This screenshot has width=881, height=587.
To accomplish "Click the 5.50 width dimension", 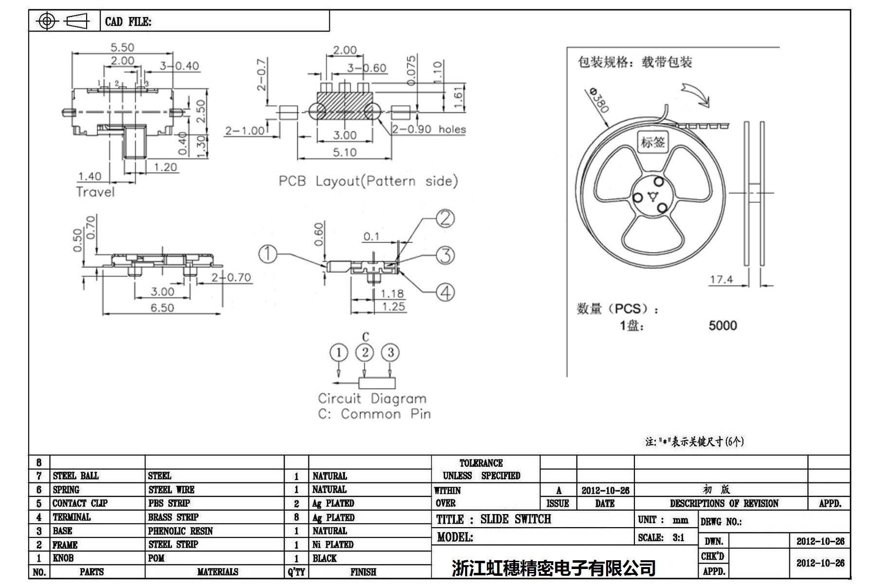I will [122, 47].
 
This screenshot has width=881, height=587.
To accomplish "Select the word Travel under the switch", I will [95, 192].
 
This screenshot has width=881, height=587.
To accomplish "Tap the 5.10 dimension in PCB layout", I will [344, 152].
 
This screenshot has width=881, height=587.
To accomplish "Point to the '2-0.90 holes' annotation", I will [429, 129].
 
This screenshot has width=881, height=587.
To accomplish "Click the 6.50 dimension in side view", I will [162, 307].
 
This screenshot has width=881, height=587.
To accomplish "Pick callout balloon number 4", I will [445, 293].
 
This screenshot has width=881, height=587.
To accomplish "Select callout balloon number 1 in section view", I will [268, 254].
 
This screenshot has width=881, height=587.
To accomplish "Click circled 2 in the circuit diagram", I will [365, 353].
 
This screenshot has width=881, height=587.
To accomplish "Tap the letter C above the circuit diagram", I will [365, 337].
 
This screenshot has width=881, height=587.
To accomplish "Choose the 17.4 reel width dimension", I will [721, 279].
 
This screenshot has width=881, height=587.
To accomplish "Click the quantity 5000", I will [722, 325].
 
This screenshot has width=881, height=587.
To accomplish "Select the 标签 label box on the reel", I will [652, 142].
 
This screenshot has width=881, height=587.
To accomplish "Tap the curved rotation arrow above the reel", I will [695, 94].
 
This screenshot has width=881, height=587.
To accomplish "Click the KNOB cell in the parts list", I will [64, 558].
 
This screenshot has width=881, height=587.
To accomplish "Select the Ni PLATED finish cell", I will [333, 544].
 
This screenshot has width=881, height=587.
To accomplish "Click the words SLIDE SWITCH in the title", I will [516, 519].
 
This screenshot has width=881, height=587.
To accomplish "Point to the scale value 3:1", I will [678, 537].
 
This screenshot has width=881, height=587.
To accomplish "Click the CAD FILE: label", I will [128, 21].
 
